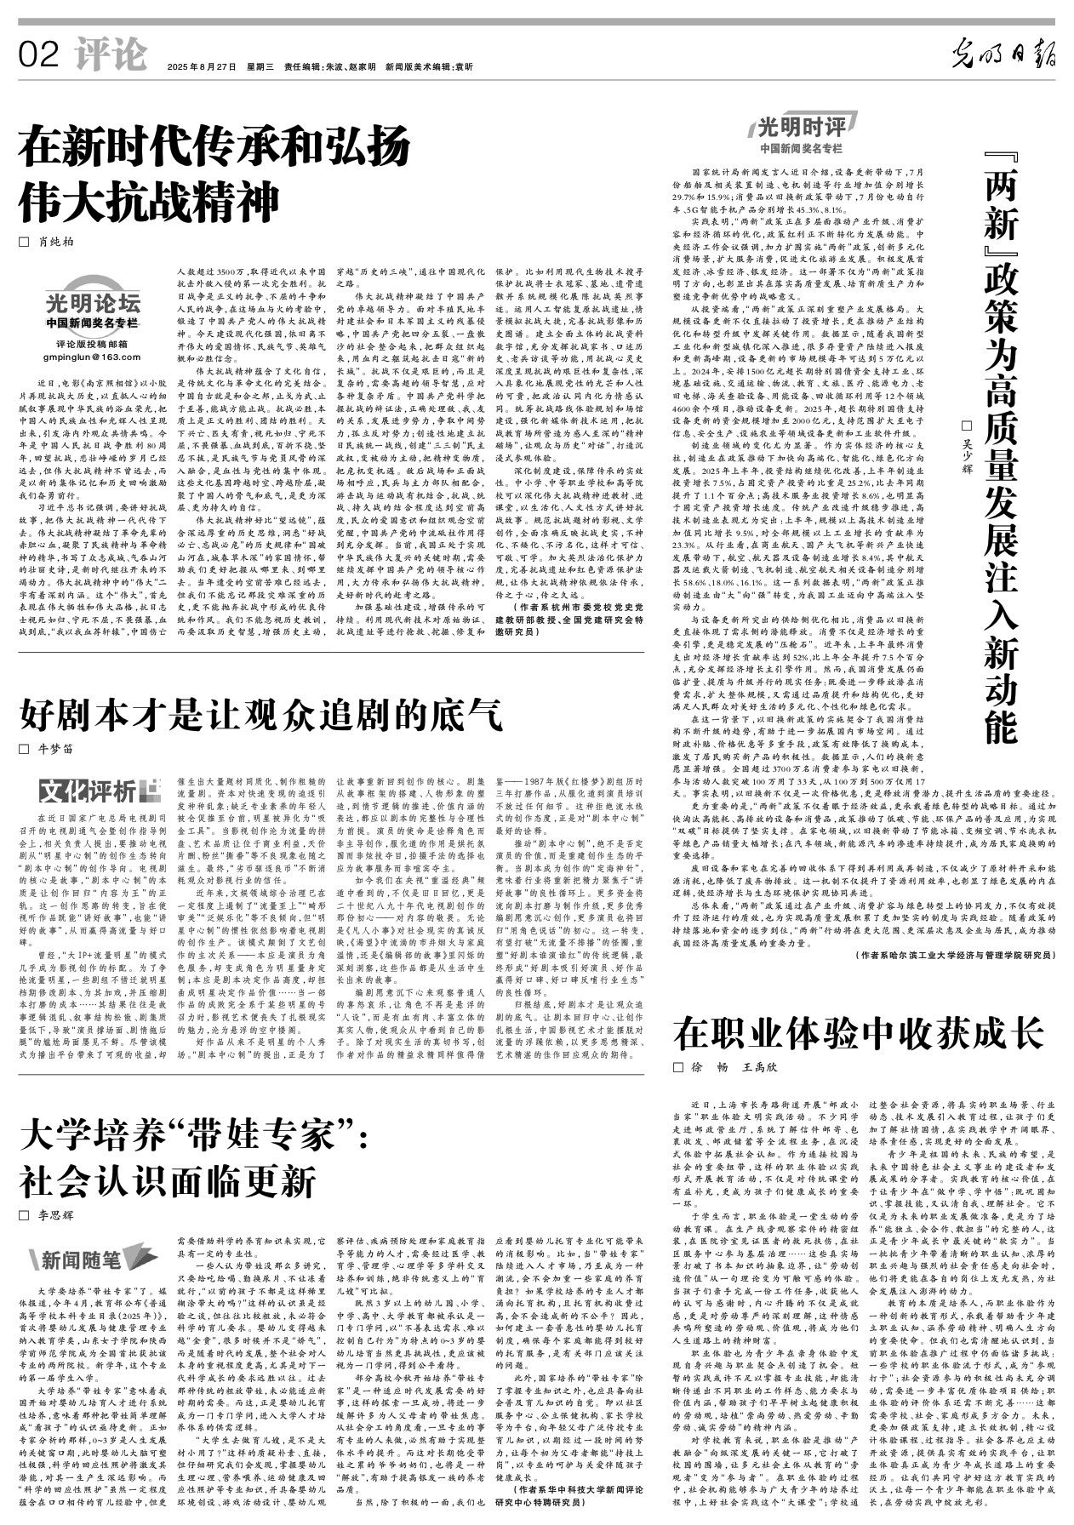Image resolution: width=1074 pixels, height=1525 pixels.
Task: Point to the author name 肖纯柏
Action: click(x=54, y=242)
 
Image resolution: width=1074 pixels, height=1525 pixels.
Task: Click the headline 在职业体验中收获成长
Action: click(x=859, y=1033)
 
